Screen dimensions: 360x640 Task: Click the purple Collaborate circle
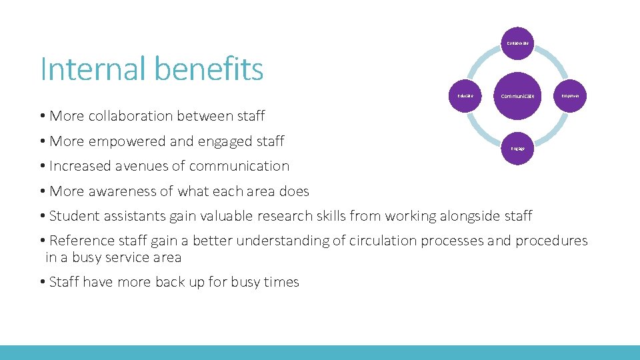coord(518,43)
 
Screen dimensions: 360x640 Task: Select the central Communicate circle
coord(518,96)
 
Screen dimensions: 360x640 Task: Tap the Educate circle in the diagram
coord(465,96)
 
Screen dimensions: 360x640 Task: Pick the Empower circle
coord(570,96)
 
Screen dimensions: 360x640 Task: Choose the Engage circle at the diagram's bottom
coord(518,148)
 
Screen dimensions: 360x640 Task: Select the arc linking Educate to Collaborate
coord(481,59)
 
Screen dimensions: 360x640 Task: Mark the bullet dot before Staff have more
coord(42,283)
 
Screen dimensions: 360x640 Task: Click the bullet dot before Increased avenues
coord(42,167)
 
